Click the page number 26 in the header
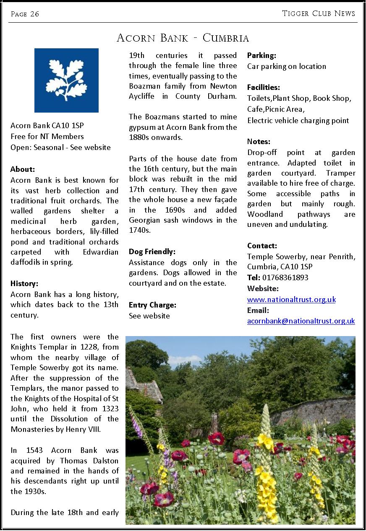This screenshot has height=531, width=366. (34, 14)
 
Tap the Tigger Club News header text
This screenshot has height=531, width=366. (319, 13)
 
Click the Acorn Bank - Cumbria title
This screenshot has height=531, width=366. (183, 38)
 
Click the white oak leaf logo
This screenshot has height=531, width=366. (66, 80)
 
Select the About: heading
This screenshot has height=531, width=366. (23, 169)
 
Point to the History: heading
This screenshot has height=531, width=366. (24, 284)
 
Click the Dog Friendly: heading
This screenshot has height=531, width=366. (152, 252)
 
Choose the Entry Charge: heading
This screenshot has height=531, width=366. (152, 305)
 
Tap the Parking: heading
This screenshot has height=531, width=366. (261, 55)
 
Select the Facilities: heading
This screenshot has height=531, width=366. (263, 87)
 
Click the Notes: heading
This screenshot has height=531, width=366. (259, 142)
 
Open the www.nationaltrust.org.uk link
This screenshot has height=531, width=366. (291, 300)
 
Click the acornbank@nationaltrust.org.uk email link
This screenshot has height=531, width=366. (301, 321)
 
